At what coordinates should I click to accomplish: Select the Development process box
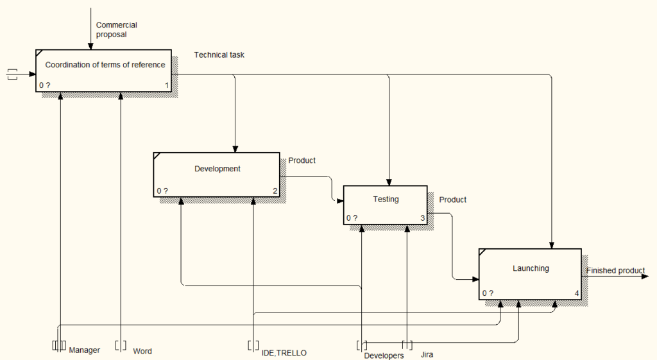217,174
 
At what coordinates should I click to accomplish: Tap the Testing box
386,205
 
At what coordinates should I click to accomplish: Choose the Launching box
530,274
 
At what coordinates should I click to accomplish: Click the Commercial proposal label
116,30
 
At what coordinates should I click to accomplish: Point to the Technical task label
219,55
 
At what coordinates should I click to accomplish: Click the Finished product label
615,271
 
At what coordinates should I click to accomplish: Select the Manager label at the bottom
84,350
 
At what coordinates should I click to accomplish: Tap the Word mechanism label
142,351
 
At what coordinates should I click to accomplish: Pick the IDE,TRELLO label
284,352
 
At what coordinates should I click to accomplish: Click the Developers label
384,356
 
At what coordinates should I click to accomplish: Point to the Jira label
427,354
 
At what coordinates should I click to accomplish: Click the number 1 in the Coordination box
167,85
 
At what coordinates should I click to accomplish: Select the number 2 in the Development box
275,191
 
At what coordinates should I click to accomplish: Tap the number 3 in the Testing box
422,218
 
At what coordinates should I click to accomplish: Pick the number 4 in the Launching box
577,294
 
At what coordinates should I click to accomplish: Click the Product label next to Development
302,160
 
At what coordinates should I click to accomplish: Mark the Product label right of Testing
452,200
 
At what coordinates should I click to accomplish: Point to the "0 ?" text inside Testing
352,218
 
